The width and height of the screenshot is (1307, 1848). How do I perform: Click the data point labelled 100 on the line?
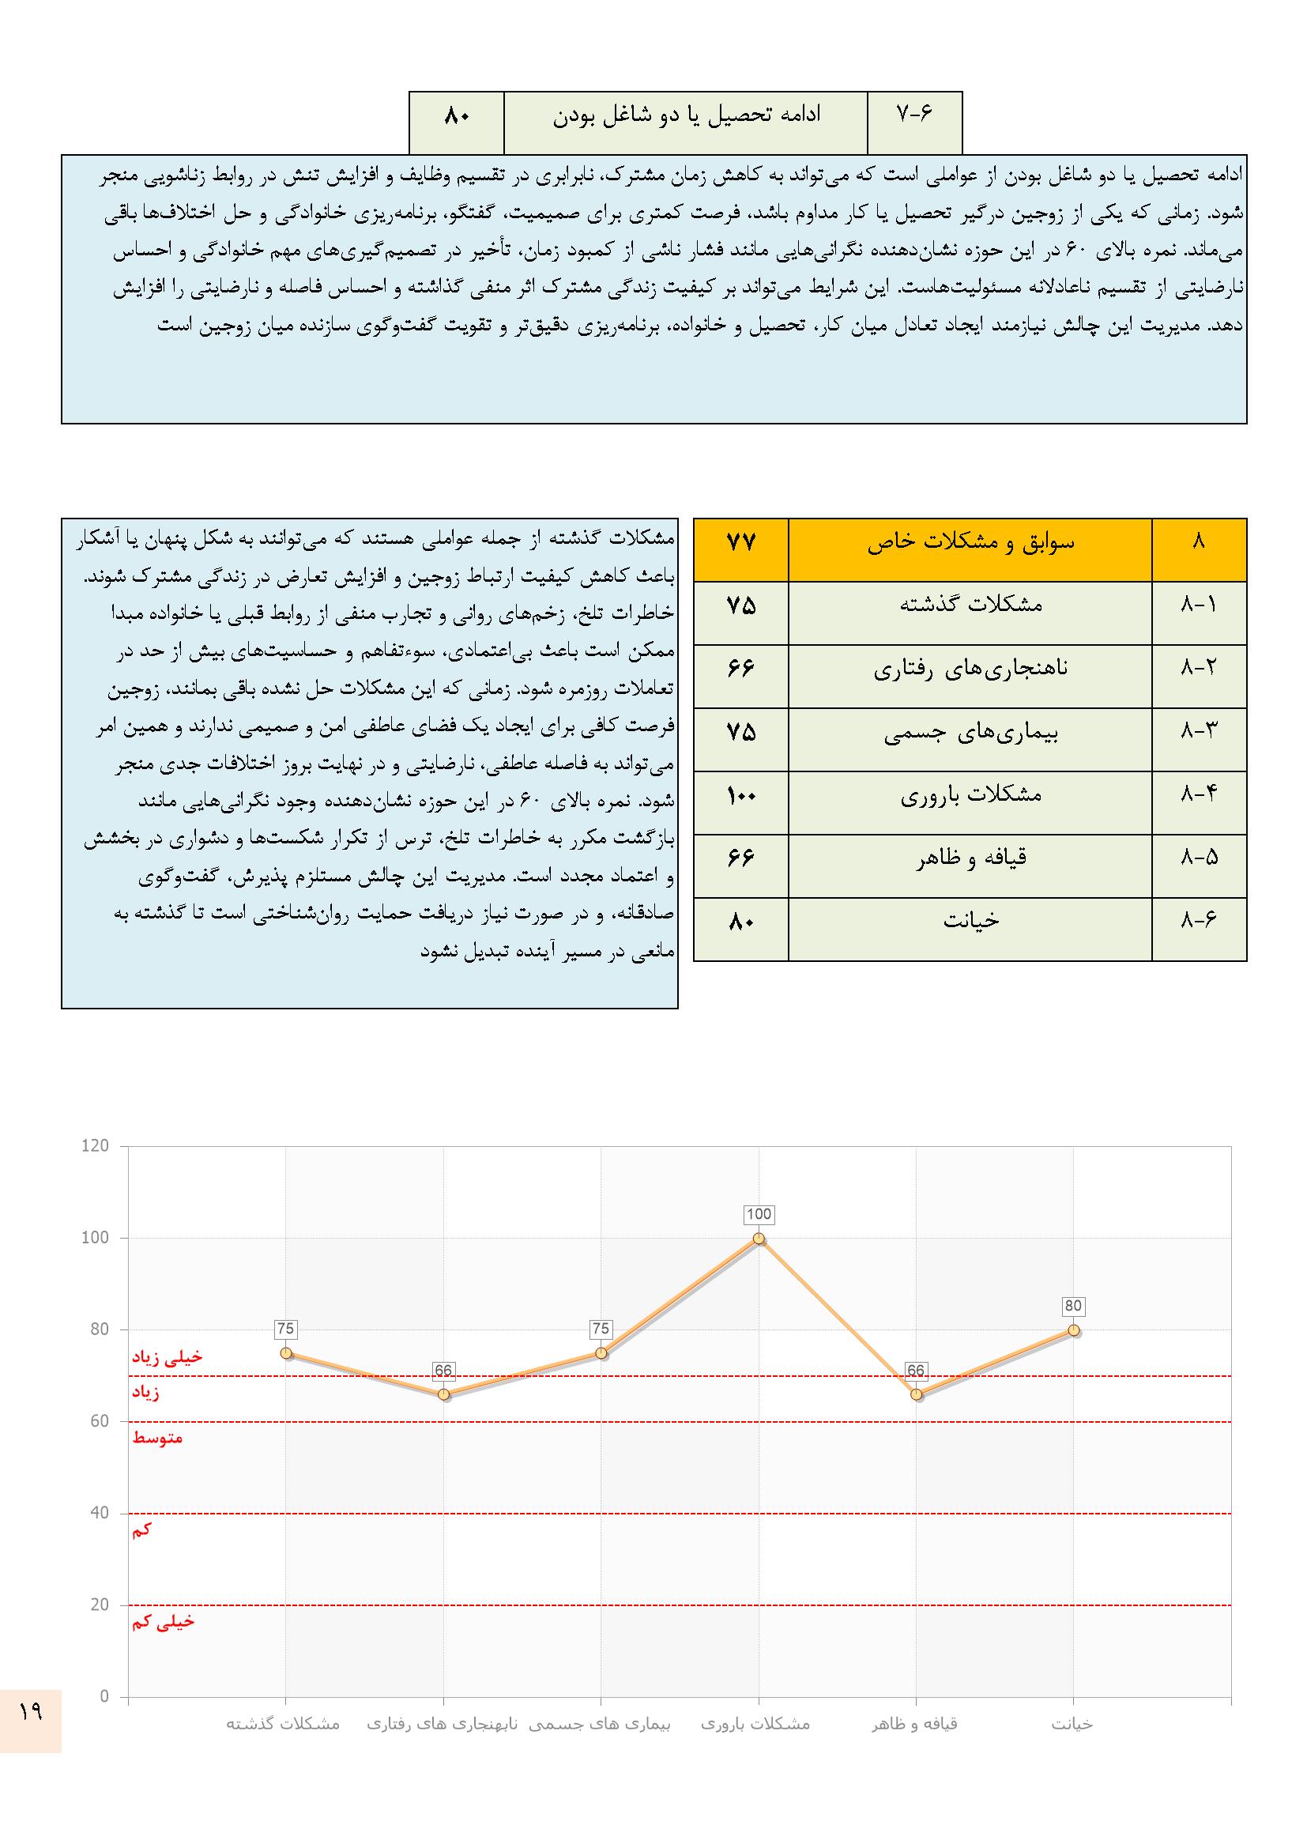pos(758,1239)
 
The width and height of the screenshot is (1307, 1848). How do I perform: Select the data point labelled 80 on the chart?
pos(1074,1330)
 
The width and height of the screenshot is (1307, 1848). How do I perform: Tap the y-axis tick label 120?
pos(95,1146)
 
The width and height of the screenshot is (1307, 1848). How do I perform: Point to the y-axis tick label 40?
pos(99,1513)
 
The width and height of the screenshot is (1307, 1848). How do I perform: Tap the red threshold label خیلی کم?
pos(164,1622)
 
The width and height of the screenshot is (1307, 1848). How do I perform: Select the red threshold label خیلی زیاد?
pos(168,1358)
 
